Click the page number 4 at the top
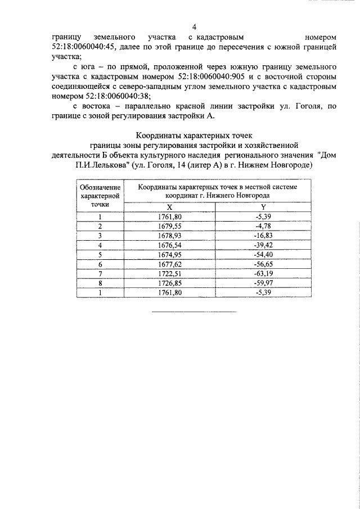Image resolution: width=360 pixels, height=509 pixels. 194,27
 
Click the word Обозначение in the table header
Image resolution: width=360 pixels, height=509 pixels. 100,186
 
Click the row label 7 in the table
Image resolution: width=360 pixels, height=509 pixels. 100,273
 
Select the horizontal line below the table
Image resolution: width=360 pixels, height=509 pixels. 195,312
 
